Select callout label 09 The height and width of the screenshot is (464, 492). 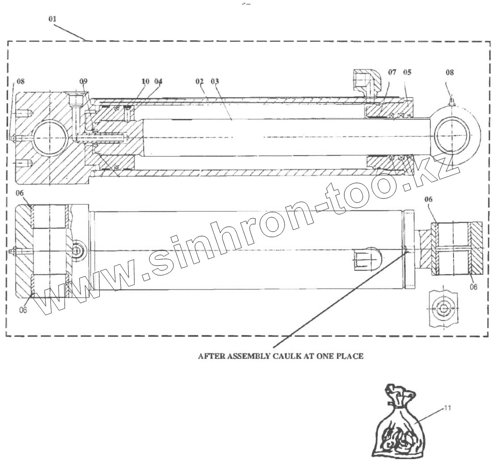coord(84,81)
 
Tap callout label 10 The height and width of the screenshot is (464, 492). coord(145,81)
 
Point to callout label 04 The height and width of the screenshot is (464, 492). coord(158,81)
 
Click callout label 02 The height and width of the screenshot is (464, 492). coord(199,81)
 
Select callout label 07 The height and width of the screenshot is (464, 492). coord(392,72)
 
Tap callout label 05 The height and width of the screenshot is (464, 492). coord(407,72)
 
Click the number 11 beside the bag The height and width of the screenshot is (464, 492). coord(447,408)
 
